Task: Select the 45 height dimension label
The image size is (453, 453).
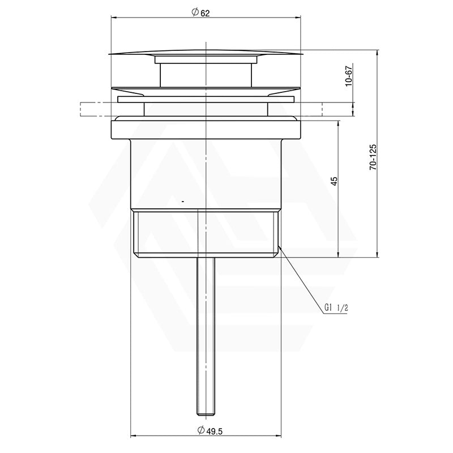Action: [x=334, y=181]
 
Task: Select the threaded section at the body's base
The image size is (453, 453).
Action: [x=206, y=232]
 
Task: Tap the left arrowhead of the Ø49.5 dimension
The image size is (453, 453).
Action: [x=134, y=435]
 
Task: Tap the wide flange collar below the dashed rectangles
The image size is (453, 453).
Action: [x=206, y=127]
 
